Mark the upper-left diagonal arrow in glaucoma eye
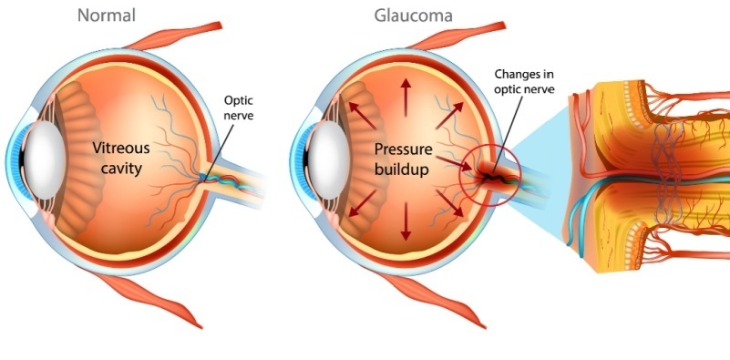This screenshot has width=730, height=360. (x=356, y=112)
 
